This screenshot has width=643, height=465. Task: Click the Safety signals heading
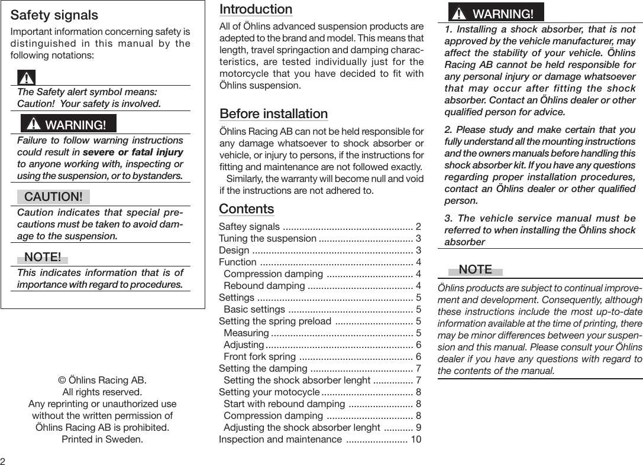(54, 15)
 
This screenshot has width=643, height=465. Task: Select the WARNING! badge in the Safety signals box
(69, 125)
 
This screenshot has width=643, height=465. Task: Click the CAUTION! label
(53, 196)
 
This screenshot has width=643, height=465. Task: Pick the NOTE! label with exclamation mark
(43, 257)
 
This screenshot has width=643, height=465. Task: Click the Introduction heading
(256, 9)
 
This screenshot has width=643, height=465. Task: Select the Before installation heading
(273, 113)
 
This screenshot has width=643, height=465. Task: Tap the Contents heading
(246, 209)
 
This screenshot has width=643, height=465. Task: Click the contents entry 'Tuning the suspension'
(267, 239)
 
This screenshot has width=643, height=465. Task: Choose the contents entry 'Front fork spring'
(260, 356)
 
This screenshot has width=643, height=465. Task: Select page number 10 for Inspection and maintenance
(416, 439)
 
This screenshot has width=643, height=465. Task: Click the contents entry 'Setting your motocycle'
(268, 392)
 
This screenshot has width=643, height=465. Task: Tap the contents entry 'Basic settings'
(254, 309)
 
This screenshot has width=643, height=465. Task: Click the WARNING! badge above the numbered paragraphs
(496, 13)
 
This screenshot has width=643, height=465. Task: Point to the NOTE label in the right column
(475, 269)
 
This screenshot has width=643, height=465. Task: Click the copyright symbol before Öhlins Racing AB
(61, 380)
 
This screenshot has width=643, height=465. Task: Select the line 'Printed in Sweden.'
(102, 439)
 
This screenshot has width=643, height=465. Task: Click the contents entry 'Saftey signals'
(249, 227)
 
